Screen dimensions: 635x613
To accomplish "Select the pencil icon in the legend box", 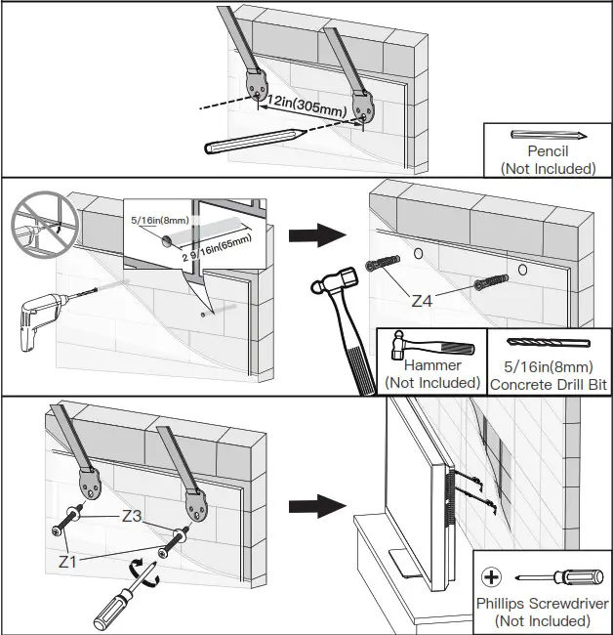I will tap(548, 135).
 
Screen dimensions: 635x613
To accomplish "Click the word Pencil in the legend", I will tap(548, 151).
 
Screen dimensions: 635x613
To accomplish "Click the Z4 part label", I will tap(422, 300).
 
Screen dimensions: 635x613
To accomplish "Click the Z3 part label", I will tap(134, 515).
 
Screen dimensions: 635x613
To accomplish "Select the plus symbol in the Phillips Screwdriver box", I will tap(492, 576).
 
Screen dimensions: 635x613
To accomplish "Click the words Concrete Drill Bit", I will tap(549, 385).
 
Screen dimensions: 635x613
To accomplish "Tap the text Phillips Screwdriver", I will tap(543, 604).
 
